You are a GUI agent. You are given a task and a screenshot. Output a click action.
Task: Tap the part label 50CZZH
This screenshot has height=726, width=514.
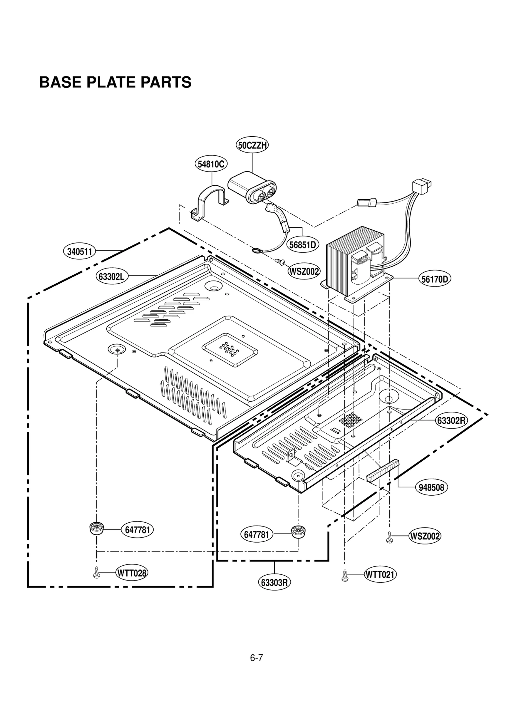point(252,146)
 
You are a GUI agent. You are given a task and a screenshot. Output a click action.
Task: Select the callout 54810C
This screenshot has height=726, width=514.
point(211,164)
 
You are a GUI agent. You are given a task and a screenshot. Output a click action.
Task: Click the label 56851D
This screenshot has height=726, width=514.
point(302,245)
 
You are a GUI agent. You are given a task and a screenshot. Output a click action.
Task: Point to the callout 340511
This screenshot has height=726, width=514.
point(79,252)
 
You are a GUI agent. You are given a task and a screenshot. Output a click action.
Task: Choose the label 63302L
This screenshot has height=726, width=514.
point(111,276)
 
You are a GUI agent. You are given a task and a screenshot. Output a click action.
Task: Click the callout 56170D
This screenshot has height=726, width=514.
point(434,279)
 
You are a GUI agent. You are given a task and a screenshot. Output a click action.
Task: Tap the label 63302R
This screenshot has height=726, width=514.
point(451,421)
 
